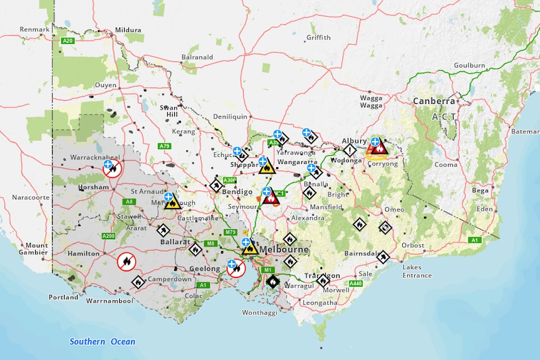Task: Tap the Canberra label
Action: click(x=434, y=101)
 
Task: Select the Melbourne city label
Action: click(x=283, y=249)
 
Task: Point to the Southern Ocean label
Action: click(x=102, y=341)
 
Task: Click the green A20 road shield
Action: click(x=68, y=40)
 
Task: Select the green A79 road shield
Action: click(x=164, y=146)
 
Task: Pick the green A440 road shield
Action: click(x=355, y=284)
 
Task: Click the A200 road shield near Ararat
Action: click(x=108, y=236)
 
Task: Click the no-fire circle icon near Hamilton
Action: click(x=126, y=261)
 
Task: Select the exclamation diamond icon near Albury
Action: click(x=350, y=150)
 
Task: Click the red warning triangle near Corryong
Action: click(x=380, y=148)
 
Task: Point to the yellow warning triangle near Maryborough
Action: click(x=173, y=202)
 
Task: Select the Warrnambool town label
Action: click(x=109, y=301)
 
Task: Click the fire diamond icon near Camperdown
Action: click(x=138, y=282)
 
